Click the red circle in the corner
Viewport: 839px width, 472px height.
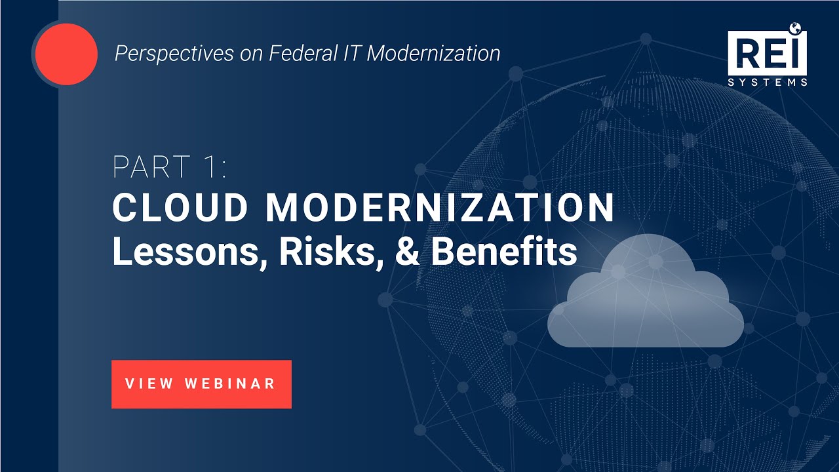(66, 53)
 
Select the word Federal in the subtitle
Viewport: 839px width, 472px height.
(289, 53)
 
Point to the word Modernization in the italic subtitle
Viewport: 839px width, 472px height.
(433, 53)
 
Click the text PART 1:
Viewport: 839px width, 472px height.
(169, 167)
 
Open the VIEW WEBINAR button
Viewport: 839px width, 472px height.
(201, 384)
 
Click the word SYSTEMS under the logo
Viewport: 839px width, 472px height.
(767, 83)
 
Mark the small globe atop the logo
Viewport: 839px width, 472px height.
(796, 28)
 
